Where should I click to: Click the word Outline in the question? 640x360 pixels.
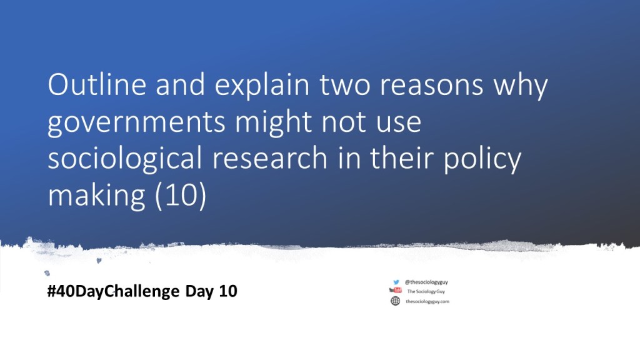[97, 84]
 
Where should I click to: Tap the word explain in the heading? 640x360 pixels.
[262, 87]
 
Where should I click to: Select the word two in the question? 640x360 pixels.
[344, 84]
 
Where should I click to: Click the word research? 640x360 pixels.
[270, 158]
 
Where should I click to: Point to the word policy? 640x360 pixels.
[482, 160]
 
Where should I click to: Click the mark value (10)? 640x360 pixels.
[181, 196]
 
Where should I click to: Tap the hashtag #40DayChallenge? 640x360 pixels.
[114, 291]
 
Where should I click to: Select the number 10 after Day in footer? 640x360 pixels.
[228, 291]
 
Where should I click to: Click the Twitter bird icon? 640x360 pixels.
[396, 282]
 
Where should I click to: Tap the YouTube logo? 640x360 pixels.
[395, 290]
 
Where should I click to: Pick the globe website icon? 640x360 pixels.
[396, 301]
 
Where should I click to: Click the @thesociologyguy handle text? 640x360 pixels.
[426, 282]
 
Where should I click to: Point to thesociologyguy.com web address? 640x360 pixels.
[427, 302]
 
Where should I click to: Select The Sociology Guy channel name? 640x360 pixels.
[426, 291]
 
